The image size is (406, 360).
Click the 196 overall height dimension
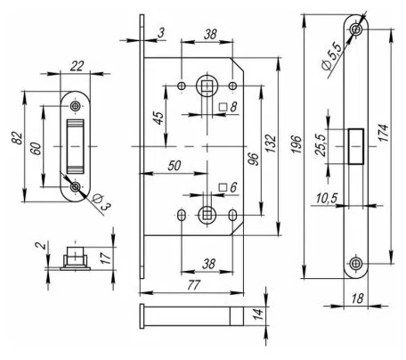[296, 144]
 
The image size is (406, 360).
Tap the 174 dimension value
[384, 133]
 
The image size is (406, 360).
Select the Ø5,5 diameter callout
[332, 56]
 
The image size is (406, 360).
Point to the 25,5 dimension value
[321, 145]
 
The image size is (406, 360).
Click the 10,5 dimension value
[327, 198]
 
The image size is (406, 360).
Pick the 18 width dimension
[357, 299]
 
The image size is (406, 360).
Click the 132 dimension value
[271, 143]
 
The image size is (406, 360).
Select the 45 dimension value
[159, 119]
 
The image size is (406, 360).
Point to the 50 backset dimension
[175, 166]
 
